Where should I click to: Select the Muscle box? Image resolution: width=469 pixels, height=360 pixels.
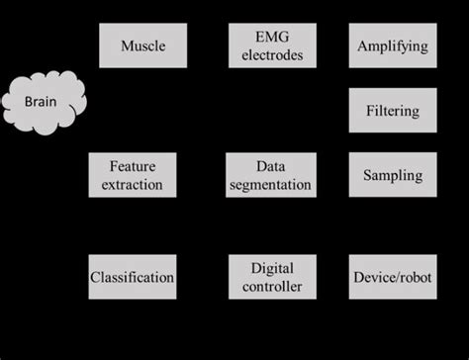pos(143,45)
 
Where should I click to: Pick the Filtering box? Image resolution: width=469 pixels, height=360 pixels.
pos(393,110)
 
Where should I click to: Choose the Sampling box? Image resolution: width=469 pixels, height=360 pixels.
pos(393,175)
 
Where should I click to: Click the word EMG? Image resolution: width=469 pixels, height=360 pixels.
pos(271,37)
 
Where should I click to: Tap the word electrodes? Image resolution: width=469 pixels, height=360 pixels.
pos(271,55)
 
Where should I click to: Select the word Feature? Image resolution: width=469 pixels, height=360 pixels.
pos(133,165)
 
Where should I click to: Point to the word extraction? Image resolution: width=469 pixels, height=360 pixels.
pos(133,185)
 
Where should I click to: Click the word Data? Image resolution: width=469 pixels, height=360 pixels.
pos(270,165)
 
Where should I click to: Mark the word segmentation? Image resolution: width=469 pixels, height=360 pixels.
pos(270,185)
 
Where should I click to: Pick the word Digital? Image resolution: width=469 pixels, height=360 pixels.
pos(271,267)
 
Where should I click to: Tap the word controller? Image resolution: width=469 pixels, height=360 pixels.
pos(271,287)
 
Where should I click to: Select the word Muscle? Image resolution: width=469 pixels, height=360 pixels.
pos(143,45)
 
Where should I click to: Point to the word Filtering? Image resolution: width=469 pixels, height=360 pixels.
pos(393,111)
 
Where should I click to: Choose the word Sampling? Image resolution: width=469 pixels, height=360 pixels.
pos(393,176)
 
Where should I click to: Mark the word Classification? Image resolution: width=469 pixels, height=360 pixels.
pos(133,277)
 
